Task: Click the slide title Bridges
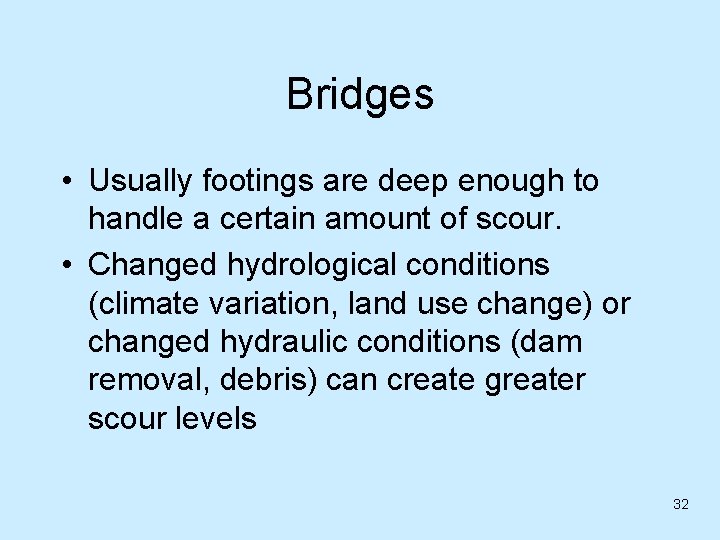[360, 95]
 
